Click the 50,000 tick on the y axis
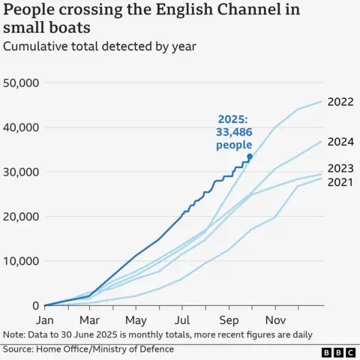(22, 82)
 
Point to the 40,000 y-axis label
(22, 127)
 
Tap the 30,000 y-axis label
(22, 172)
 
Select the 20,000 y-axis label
(22, 217)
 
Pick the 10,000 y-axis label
(22, 261)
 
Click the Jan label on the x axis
(45, 319)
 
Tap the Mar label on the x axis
(90, 319)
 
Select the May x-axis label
(136, 319)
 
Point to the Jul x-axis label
(181, 319)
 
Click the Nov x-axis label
(274, 319)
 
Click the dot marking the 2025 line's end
(250, 156)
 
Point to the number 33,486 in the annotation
(234, 132)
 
